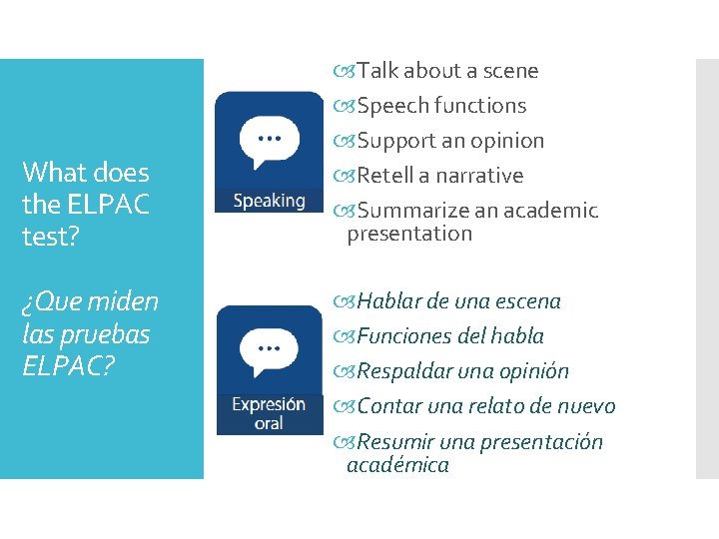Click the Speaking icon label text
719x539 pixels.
[x=269, y=201]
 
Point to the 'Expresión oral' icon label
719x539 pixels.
[x=269, y=413]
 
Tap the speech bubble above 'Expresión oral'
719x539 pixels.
[x=269, y=352]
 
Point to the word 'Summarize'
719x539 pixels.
[x=407, y=211]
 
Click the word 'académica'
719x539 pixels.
[x=397, y=465]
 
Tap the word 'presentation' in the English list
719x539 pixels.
[x=408, y=234]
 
